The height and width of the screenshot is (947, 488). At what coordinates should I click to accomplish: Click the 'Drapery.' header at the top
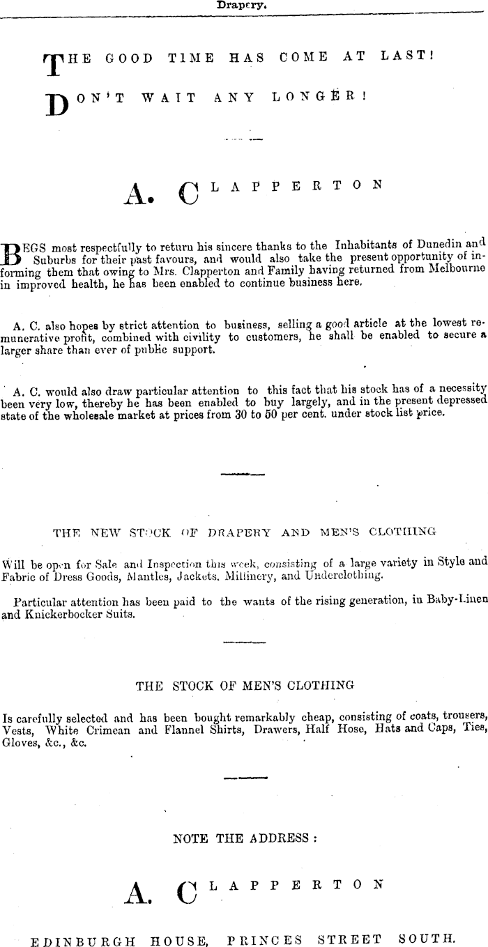tap(243, 4)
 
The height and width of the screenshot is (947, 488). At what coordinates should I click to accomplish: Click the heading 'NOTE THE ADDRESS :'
tap(244, 838)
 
